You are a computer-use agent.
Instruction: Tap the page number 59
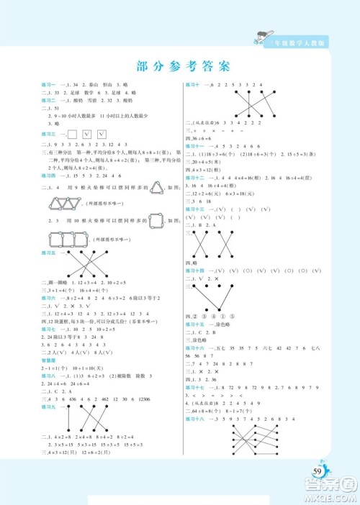point(318,471)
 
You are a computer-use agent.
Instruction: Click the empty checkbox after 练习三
point(71,134)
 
